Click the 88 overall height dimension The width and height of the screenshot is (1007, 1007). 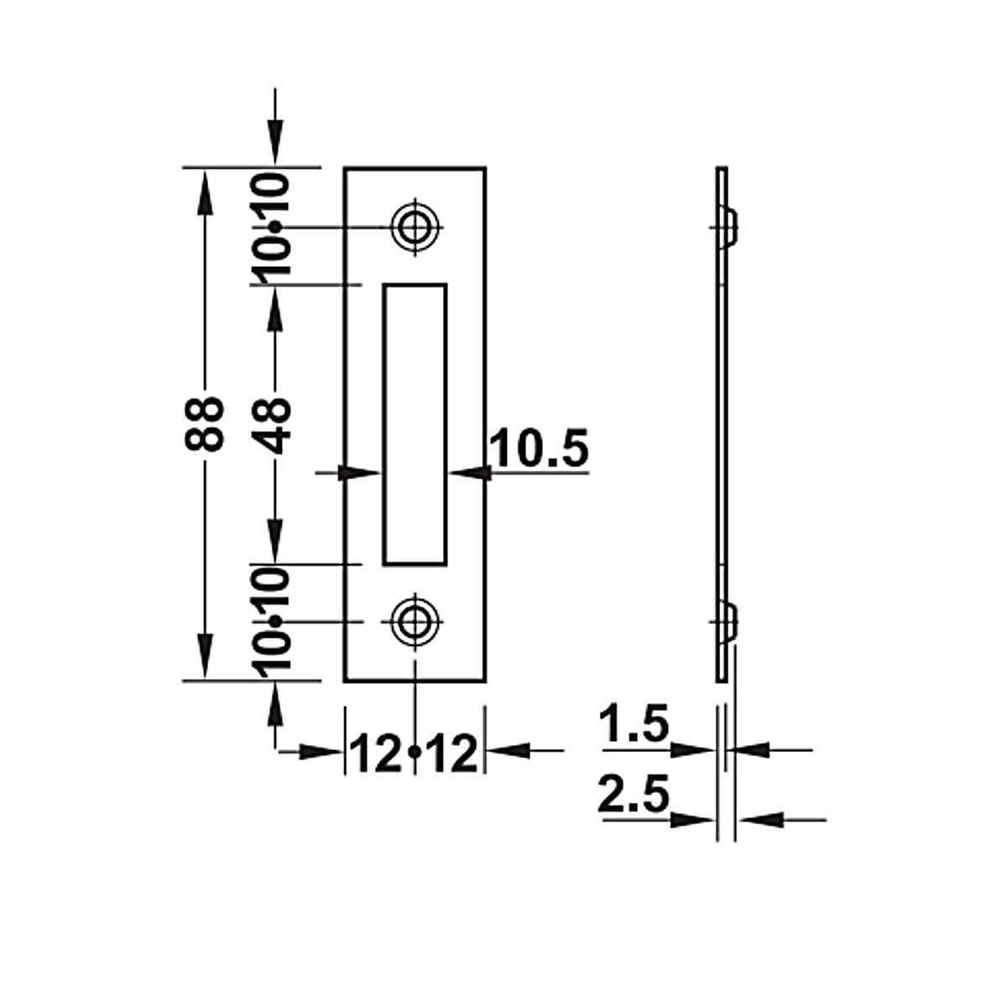coord(204,424)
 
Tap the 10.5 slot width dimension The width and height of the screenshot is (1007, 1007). coord(540,448)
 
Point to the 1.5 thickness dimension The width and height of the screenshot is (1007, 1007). coord(634,723)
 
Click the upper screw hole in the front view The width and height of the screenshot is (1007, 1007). coord(415,227)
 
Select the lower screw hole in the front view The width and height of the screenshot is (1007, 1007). coord(415,622)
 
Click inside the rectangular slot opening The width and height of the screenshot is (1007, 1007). coord(415,425)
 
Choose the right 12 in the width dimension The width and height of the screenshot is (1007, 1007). coord(452,753)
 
